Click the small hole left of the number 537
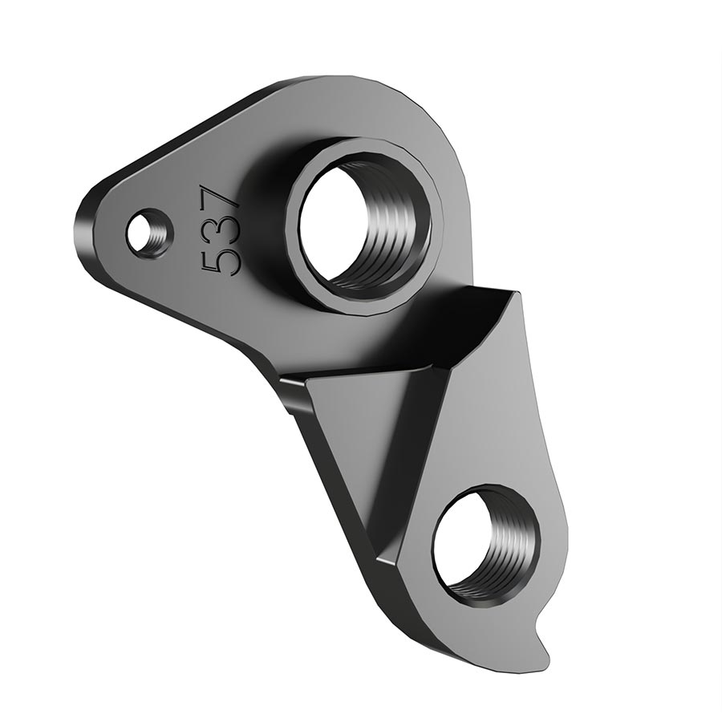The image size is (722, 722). click(x=149, y=233)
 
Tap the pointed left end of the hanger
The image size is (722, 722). click(x=88, y=225)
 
